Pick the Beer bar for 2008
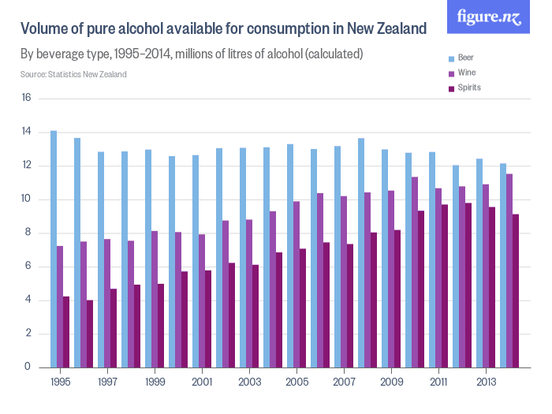click(361, 252)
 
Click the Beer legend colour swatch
click(451, 58)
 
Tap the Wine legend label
click(467, 73)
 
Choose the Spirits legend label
click(469, 88)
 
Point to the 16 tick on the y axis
click(26, 99)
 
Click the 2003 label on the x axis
click(249, 381)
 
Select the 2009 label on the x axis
click(391, 381)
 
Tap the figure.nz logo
click(489, 17)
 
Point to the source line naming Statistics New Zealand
click(73, 74)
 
